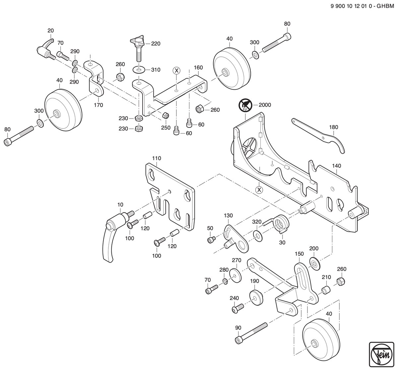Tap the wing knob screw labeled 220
[x=138, y=48]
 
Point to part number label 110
[x=157, y=158]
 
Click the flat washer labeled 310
[x=139, y=70]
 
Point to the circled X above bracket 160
[x=176, y=70]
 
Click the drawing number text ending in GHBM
[x=362, y=6]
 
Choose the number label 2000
[x=265, y=105]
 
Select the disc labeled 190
[x=256, y=298]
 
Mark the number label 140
[x=337, y=166]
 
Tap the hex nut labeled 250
[x=166, y=115]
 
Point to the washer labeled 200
[x=315, y=264]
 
